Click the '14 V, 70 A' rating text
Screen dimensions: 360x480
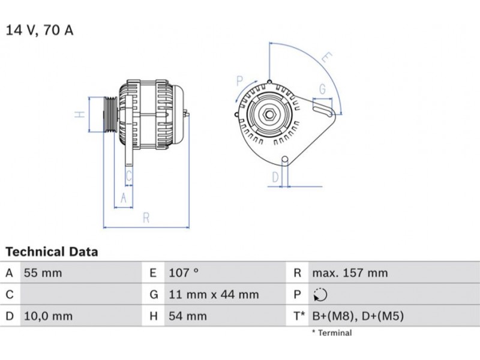tap(40, 30)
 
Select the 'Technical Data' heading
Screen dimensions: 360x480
tap(52, 251)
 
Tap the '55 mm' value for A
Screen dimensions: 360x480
tap(43, 273)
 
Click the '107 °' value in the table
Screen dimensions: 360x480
tap(184, 273)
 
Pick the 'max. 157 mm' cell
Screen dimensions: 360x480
tap(350, 273)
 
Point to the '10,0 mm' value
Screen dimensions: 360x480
tap(48, 316)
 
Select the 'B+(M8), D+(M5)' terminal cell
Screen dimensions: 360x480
tap(358, 316)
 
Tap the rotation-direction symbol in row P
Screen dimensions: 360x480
tap(319, 295)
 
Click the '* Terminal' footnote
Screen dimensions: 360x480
tap(332, 332)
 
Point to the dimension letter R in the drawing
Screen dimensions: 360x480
tap(146, 218)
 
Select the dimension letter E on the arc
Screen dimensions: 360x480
tap(326, 58)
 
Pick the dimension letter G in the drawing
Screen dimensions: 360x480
tap(322, 89)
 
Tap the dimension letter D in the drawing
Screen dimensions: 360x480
tap(275, 177)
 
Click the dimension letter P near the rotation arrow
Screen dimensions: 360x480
tap(239, 81)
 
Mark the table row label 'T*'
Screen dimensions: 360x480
tap(298, 316)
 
